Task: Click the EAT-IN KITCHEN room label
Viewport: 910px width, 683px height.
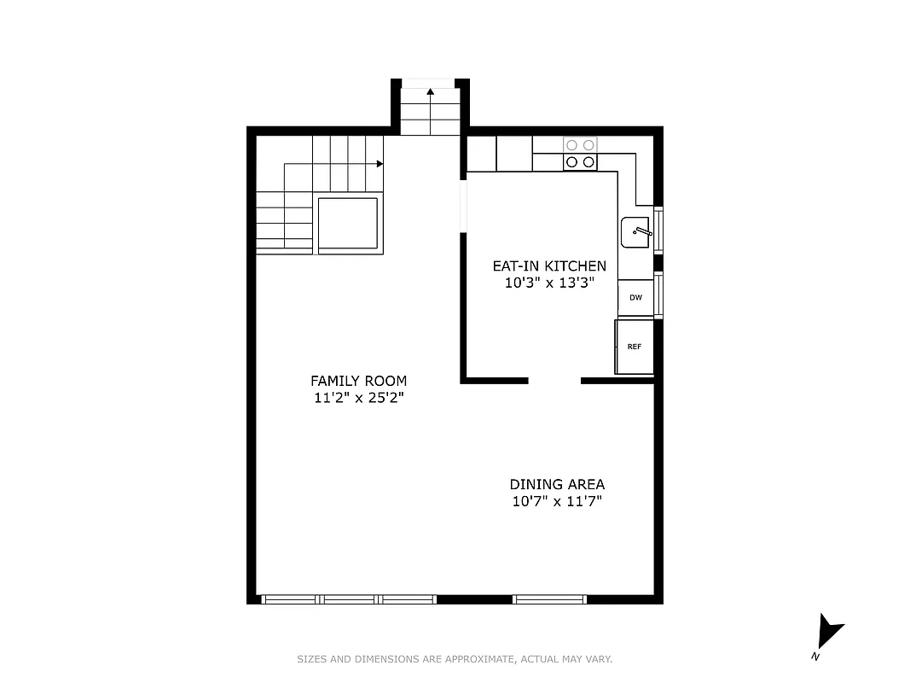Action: click(x=549, y=266)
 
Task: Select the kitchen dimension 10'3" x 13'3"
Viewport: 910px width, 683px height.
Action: click(x=549, y=283)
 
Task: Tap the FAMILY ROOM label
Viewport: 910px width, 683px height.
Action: click(x=358, y=381)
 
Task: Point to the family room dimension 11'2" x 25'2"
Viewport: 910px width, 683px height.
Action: click(x=358, y=398)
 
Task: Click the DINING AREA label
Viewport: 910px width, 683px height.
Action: click(x=557, y=484)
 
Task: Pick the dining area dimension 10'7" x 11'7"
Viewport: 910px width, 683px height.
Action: click(x=557, y=502)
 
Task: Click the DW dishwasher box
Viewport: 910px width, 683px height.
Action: click(x=635, y=298)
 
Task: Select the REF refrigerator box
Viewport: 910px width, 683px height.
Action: click(x=635, y=347)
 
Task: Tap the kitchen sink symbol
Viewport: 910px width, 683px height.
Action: click(x=636, y=231)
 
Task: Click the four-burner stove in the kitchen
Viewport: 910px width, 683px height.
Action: click(x=580, y=154)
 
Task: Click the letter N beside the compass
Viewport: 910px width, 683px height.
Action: click(x=815, y=657)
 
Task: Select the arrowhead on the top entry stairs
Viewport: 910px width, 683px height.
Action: click(x=431, y=90)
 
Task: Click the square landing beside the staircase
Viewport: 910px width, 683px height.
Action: click(x=348, y=224)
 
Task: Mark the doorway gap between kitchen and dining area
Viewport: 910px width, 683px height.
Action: click(x=554, y=380)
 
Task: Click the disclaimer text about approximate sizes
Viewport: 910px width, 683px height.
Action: click(x=455, y=659)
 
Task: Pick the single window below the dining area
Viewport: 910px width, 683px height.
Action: click(x=550, y=599)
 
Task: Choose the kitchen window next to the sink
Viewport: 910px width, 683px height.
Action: click(x=658, y=230)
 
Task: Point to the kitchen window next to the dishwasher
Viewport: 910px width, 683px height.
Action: click(x=658, y=295)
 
